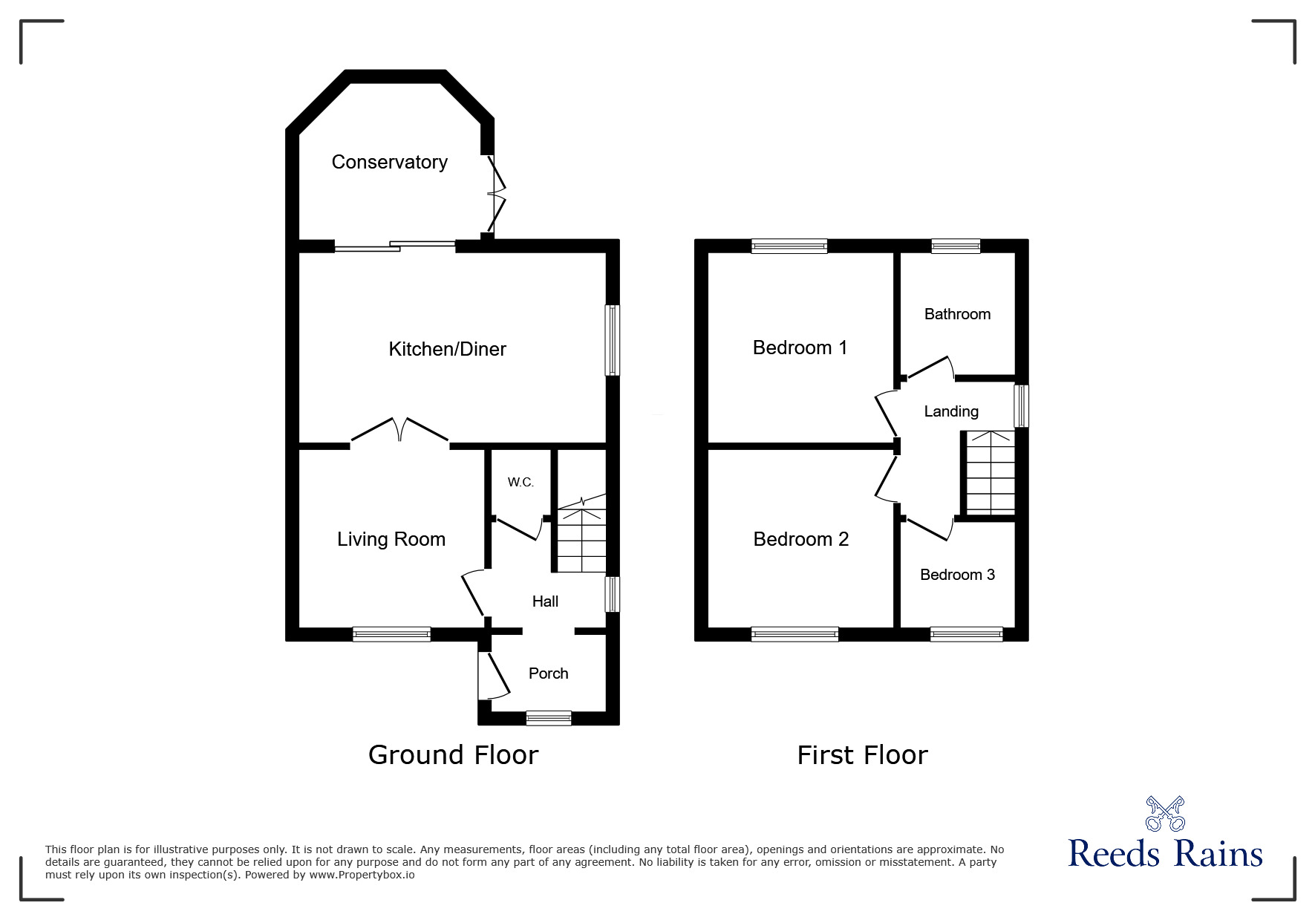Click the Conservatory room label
click(x=389, y=162)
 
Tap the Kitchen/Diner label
click(x=447, y=349)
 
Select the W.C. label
click(x=521, y=483)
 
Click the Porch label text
click(x=548, y=673)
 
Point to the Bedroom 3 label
click(x=957, y=575)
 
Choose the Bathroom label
click(x=957, y=314)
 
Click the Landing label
click(x=950, y=411)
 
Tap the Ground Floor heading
click(x=453, y=755)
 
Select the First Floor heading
click(x=862, y=755)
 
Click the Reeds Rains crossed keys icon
click(x=1164, y=814)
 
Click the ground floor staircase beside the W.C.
click(x=581, y=538)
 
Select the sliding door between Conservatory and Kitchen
click(x=394, y=246)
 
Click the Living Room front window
click(x=391, y=634)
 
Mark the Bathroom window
click(x=956, y=246)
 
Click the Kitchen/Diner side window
click(x=612, y=339)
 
